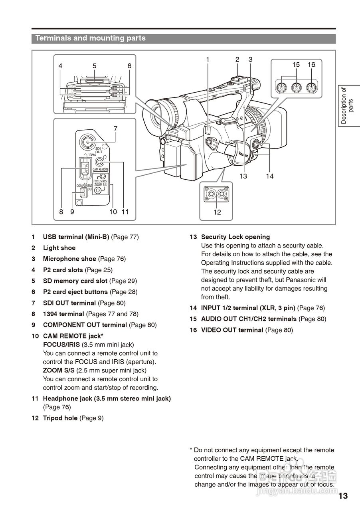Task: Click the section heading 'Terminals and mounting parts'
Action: click(x=91, y=38)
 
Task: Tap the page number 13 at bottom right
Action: click(x=343, y=496)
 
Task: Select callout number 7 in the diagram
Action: click(x=115, y=129)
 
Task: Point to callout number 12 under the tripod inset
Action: click(x=217, y=212)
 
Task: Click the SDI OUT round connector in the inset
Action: click(x=87, y=141)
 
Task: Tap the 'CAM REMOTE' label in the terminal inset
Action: click(x=101, y=169)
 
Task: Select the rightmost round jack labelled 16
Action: click(x=311, y=85)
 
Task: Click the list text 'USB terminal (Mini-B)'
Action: click(x=76, y=237)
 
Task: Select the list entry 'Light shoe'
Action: click(x=59, y=248)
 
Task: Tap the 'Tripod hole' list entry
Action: click(x=60, y=418)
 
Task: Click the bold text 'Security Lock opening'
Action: click(x=235, y=237)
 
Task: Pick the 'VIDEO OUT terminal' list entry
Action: click(x=232, y=330)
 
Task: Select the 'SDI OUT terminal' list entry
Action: click(x=69, y=303)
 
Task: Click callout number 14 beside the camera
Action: click(x=270, y=176)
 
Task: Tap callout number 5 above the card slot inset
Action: click(x=95, y=66)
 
